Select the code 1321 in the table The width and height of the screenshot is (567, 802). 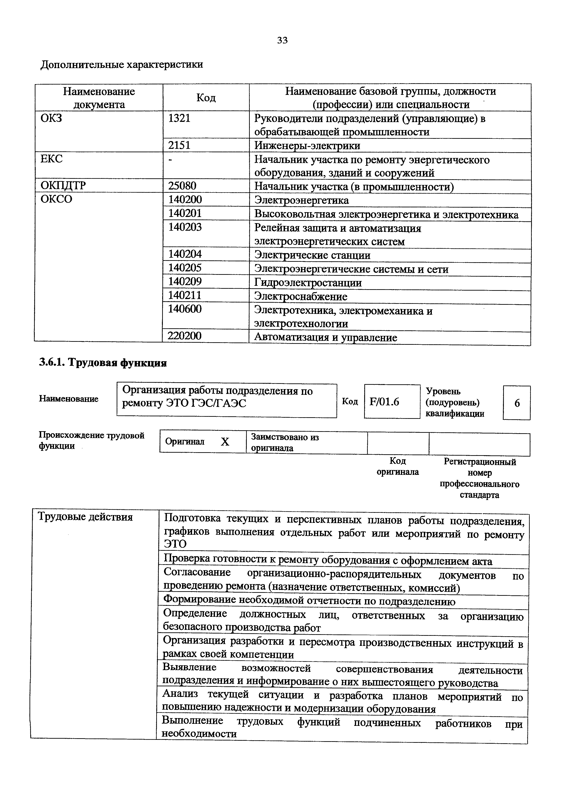coord(179,118)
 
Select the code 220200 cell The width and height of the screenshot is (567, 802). coord(184,336)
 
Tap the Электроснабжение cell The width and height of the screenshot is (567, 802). coord(301,297)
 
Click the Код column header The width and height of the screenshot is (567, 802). coord(206,97)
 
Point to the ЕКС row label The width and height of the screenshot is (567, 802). coord(51,159)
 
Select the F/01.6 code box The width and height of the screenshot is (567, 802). coord(384,402)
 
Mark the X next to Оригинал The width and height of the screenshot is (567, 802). coord(225,442)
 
